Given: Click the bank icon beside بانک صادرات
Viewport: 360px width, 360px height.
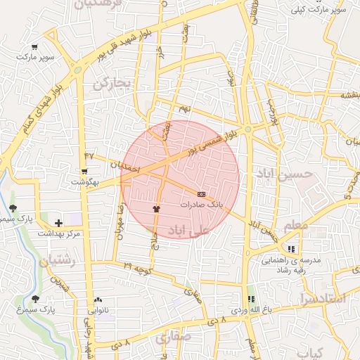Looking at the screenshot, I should (202, 194).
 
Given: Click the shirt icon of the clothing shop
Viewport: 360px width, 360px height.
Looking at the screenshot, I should (157, 209).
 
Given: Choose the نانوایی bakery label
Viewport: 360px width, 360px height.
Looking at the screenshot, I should (98, 309).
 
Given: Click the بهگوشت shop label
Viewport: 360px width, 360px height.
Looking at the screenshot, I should (84, 182).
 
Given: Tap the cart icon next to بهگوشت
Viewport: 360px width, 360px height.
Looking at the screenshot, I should (84, 172).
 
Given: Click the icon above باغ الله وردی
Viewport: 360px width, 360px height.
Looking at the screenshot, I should (251, 299).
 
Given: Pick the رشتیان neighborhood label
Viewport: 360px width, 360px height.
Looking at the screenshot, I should (58, 261).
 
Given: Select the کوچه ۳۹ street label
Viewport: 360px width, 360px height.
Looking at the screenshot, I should (138, 267).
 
